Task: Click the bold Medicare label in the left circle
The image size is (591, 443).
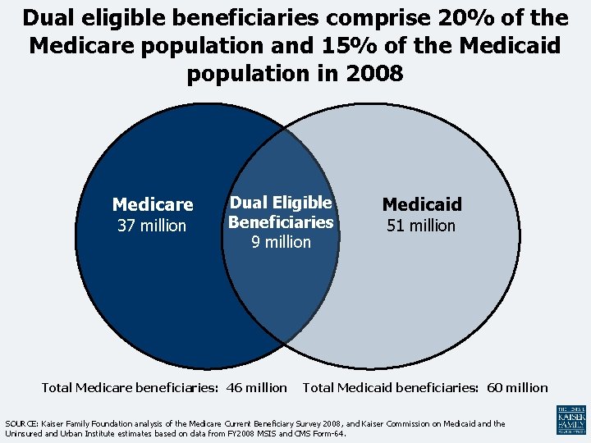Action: coord(153,204)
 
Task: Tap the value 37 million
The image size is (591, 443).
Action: coord(152,226)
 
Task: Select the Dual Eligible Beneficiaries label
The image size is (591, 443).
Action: coord(281,212)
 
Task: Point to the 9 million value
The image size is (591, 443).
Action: coord(282,242)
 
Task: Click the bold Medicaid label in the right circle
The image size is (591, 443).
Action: coord(422,204)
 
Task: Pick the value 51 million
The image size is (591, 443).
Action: coord(421,226)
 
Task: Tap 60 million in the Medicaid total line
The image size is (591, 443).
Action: coord(517,387)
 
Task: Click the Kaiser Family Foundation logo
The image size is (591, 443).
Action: coord(570,419)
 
